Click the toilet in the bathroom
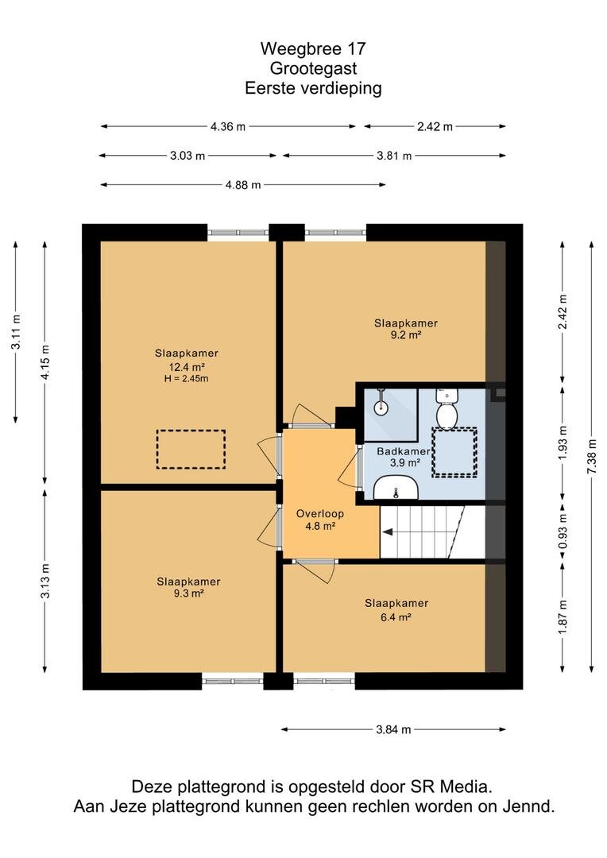coord(446,408)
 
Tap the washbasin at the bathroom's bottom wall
coord(396,487)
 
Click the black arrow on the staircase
coord(388,531)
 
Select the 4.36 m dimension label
coord(228,126)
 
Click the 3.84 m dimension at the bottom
coord(393,729)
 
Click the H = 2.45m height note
coord(186,379)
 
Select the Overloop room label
coord(320,514)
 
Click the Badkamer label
coord(404,451)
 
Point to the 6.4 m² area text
coord(396,616)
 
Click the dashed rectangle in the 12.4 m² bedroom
coord(191,449)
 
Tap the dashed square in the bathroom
coord(454,452)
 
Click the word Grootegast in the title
coord(313,68)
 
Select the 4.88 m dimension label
coord(243,185)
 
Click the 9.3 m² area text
coord(189,593)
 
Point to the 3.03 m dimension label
coord(188,156)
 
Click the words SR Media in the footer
coord(451,786)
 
